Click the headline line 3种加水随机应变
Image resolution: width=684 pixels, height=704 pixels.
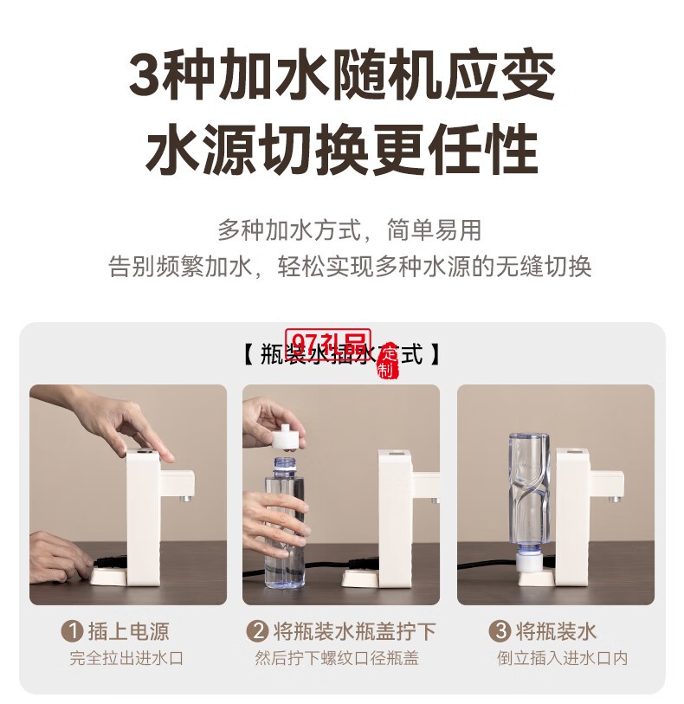[341, 77]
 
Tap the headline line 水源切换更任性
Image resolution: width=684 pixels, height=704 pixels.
[341, 150]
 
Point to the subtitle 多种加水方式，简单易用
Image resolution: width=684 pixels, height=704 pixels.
[349, 231]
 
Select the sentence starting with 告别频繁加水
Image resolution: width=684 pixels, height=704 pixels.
[349, 266]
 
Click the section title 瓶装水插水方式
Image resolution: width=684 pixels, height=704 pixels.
[341, 353]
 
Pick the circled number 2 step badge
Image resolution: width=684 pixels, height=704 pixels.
[256, 631]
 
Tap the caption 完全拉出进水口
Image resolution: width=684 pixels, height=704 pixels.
[127, 659]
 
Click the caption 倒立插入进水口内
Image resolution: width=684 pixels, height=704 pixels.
[563, 659]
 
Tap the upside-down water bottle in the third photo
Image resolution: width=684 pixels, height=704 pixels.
[528, 494]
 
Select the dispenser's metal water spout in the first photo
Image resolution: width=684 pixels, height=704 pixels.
[183, 498]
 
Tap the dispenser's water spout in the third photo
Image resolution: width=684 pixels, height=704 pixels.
[614, 498]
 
